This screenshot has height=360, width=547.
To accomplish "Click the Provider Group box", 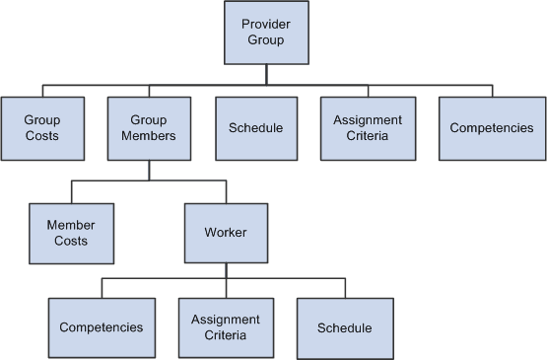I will click(266, 32).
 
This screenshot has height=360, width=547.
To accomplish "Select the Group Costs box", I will click(41, 128).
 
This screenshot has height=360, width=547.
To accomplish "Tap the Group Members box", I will click(149, 128).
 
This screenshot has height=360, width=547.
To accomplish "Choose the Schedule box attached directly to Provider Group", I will click(255, 128).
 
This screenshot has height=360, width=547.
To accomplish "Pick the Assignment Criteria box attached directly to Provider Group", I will click(360, 128).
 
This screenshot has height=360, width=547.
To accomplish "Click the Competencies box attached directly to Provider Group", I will click(491, 128).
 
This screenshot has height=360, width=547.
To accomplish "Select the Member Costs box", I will click(70, 233).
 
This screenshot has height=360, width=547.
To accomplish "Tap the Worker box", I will click(226, 233).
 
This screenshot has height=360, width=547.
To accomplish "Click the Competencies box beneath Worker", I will click(102, 327).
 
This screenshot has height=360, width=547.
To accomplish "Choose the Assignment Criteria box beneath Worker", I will click(226, 327).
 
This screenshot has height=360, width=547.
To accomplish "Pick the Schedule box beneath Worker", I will click(345, 327).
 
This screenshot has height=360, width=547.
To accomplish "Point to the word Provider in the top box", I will click(266, 24).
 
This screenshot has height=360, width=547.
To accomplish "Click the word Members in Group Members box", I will click(149, 136).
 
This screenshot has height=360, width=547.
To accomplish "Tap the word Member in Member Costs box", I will click(70, 225).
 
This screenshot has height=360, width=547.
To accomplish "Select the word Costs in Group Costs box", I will click(41, 136).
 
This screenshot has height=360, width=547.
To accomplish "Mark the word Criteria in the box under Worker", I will click(226, 335).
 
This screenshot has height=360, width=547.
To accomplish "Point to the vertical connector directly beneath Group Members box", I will click(149, 171).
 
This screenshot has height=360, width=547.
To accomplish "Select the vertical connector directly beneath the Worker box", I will click(226, 270).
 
